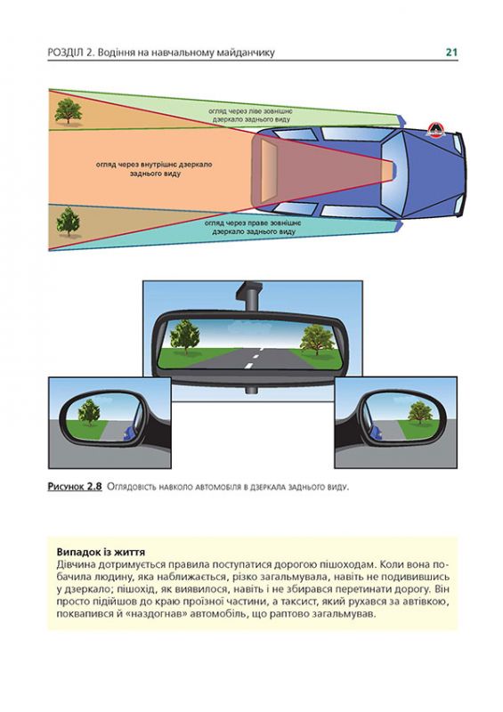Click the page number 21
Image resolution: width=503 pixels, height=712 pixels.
point(451,53)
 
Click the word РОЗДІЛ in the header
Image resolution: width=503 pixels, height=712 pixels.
point(65,53)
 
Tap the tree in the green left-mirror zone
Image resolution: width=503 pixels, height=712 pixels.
point(68,110)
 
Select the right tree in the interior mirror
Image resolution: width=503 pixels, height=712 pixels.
point(314,339)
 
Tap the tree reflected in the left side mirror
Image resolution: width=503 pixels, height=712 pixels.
point(88,411)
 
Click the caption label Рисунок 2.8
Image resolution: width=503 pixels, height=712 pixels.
point(76,486)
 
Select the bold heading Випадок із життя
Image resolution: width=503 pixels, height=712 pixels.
point(101,551)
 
